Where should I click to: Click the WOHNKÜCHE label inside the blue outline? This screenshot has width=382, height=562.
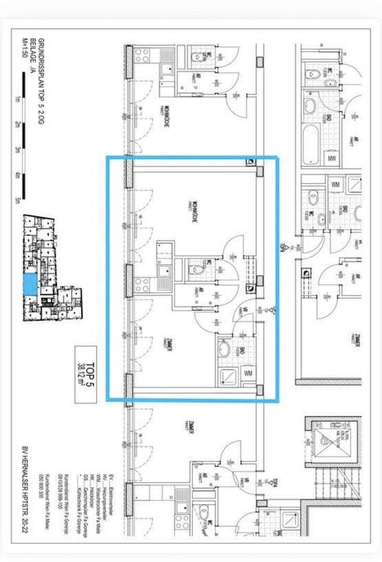(194, 211)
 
